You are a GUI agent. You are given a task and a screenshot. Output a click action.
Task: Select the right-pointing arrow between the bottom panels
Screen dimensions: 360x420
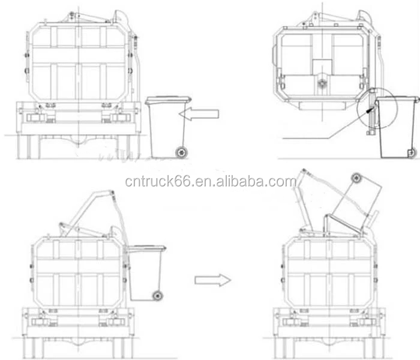[x=212, y=280]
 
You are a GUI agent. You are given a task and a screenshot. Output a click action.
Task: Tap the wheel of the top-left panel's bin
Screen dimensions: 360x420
[x=181, y=152]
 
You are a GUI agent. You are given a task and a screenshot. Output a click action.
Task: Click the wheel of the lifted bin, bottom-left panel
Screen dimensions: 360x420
[x=158, y=295]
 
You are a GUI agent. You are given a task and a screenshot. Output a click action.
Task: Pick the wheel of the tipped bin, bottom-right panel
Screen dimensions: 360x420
[x=356, y=178]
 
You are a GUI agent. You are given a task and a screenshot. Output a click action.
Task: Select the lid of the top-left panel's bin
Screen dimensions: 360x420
[x=168, y=99]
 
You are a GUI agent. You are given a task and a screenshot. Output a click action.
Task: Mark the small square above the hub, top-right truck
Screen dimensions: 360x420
[x=322, y=66]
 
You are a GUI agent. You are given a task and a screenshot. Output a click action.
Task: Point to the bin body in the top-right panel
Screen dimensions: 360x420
[x=396, y=129]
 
